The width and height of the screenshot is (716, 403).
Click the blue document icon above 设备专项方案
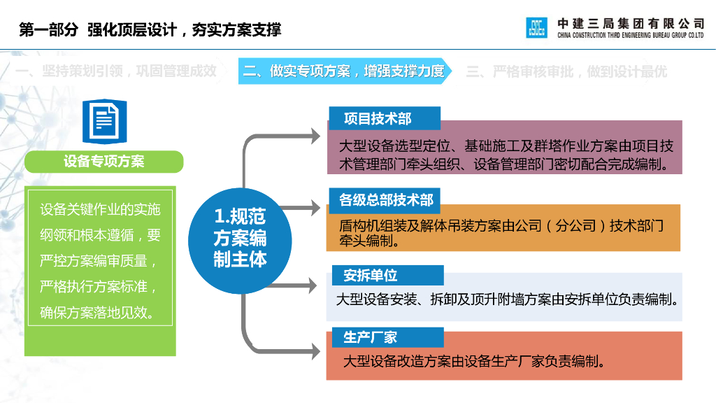(104, 120)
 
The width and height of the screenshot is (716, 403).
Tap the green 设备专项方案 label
(103, 161)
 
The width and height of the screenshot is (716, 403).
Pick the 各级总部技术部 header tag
(386, 201)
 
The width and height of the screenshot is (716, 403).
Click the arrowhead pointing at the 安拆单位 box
(315, 285)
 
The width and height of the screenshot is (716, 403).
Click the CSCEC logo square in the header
(536, 27)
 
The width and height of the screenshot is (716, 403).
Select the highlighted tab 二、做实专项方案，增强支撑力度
(343, 71)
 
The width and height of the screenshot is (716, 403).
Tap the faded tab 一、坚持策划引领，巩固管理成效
(116, 71)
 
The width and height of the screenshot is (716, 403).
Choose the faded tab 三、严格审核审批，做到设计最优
(566, 71)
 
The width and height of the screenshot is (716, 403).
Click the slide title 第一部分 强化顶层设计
(150, 29)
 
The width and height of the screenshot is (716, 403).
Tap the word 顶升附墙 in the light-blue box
(510, 299)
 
